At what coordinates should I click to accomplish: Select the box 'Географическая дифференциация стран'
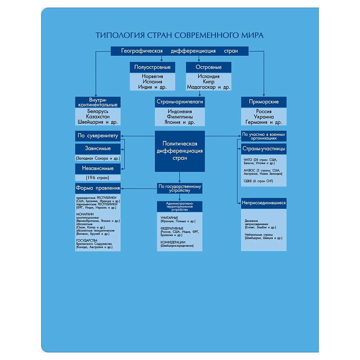point(180,51)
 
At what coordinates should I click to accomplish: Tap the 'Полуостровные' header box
point(153,67)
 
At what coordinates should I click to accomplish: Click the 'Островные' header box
point(208,67)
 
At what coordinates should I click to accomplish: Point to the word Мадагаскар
point(200,87)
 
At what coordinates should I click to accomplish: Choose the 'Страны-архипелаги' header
point(180,102)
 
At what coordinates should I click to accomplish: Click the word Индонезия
point(180,111)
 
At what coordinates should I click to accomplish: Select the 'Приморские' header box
point(264,102)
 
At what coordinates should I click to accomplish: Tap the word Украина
point(264,116)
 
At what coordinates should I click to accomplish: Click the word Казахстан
point(98,116)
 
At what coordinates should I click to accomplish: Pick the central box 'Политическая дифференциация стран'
point(180,151)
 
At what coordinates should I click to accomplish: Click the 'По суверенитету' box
point(98,135)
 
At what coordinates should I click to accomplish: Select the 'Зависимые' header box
point(98,148)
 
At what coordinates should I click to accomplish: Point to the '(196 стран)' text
point(98,178)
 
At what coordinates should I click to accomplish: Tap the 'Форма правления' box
point(98,188)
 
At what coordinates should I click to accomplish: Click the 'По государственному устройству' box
point(180,188)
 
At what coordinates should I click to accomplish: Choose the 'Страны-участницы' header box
point(264,148)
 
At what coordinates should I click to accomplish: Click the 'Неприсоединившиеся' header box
point(264,203)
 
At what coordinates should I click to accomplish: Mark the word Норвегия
point(153,76)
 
